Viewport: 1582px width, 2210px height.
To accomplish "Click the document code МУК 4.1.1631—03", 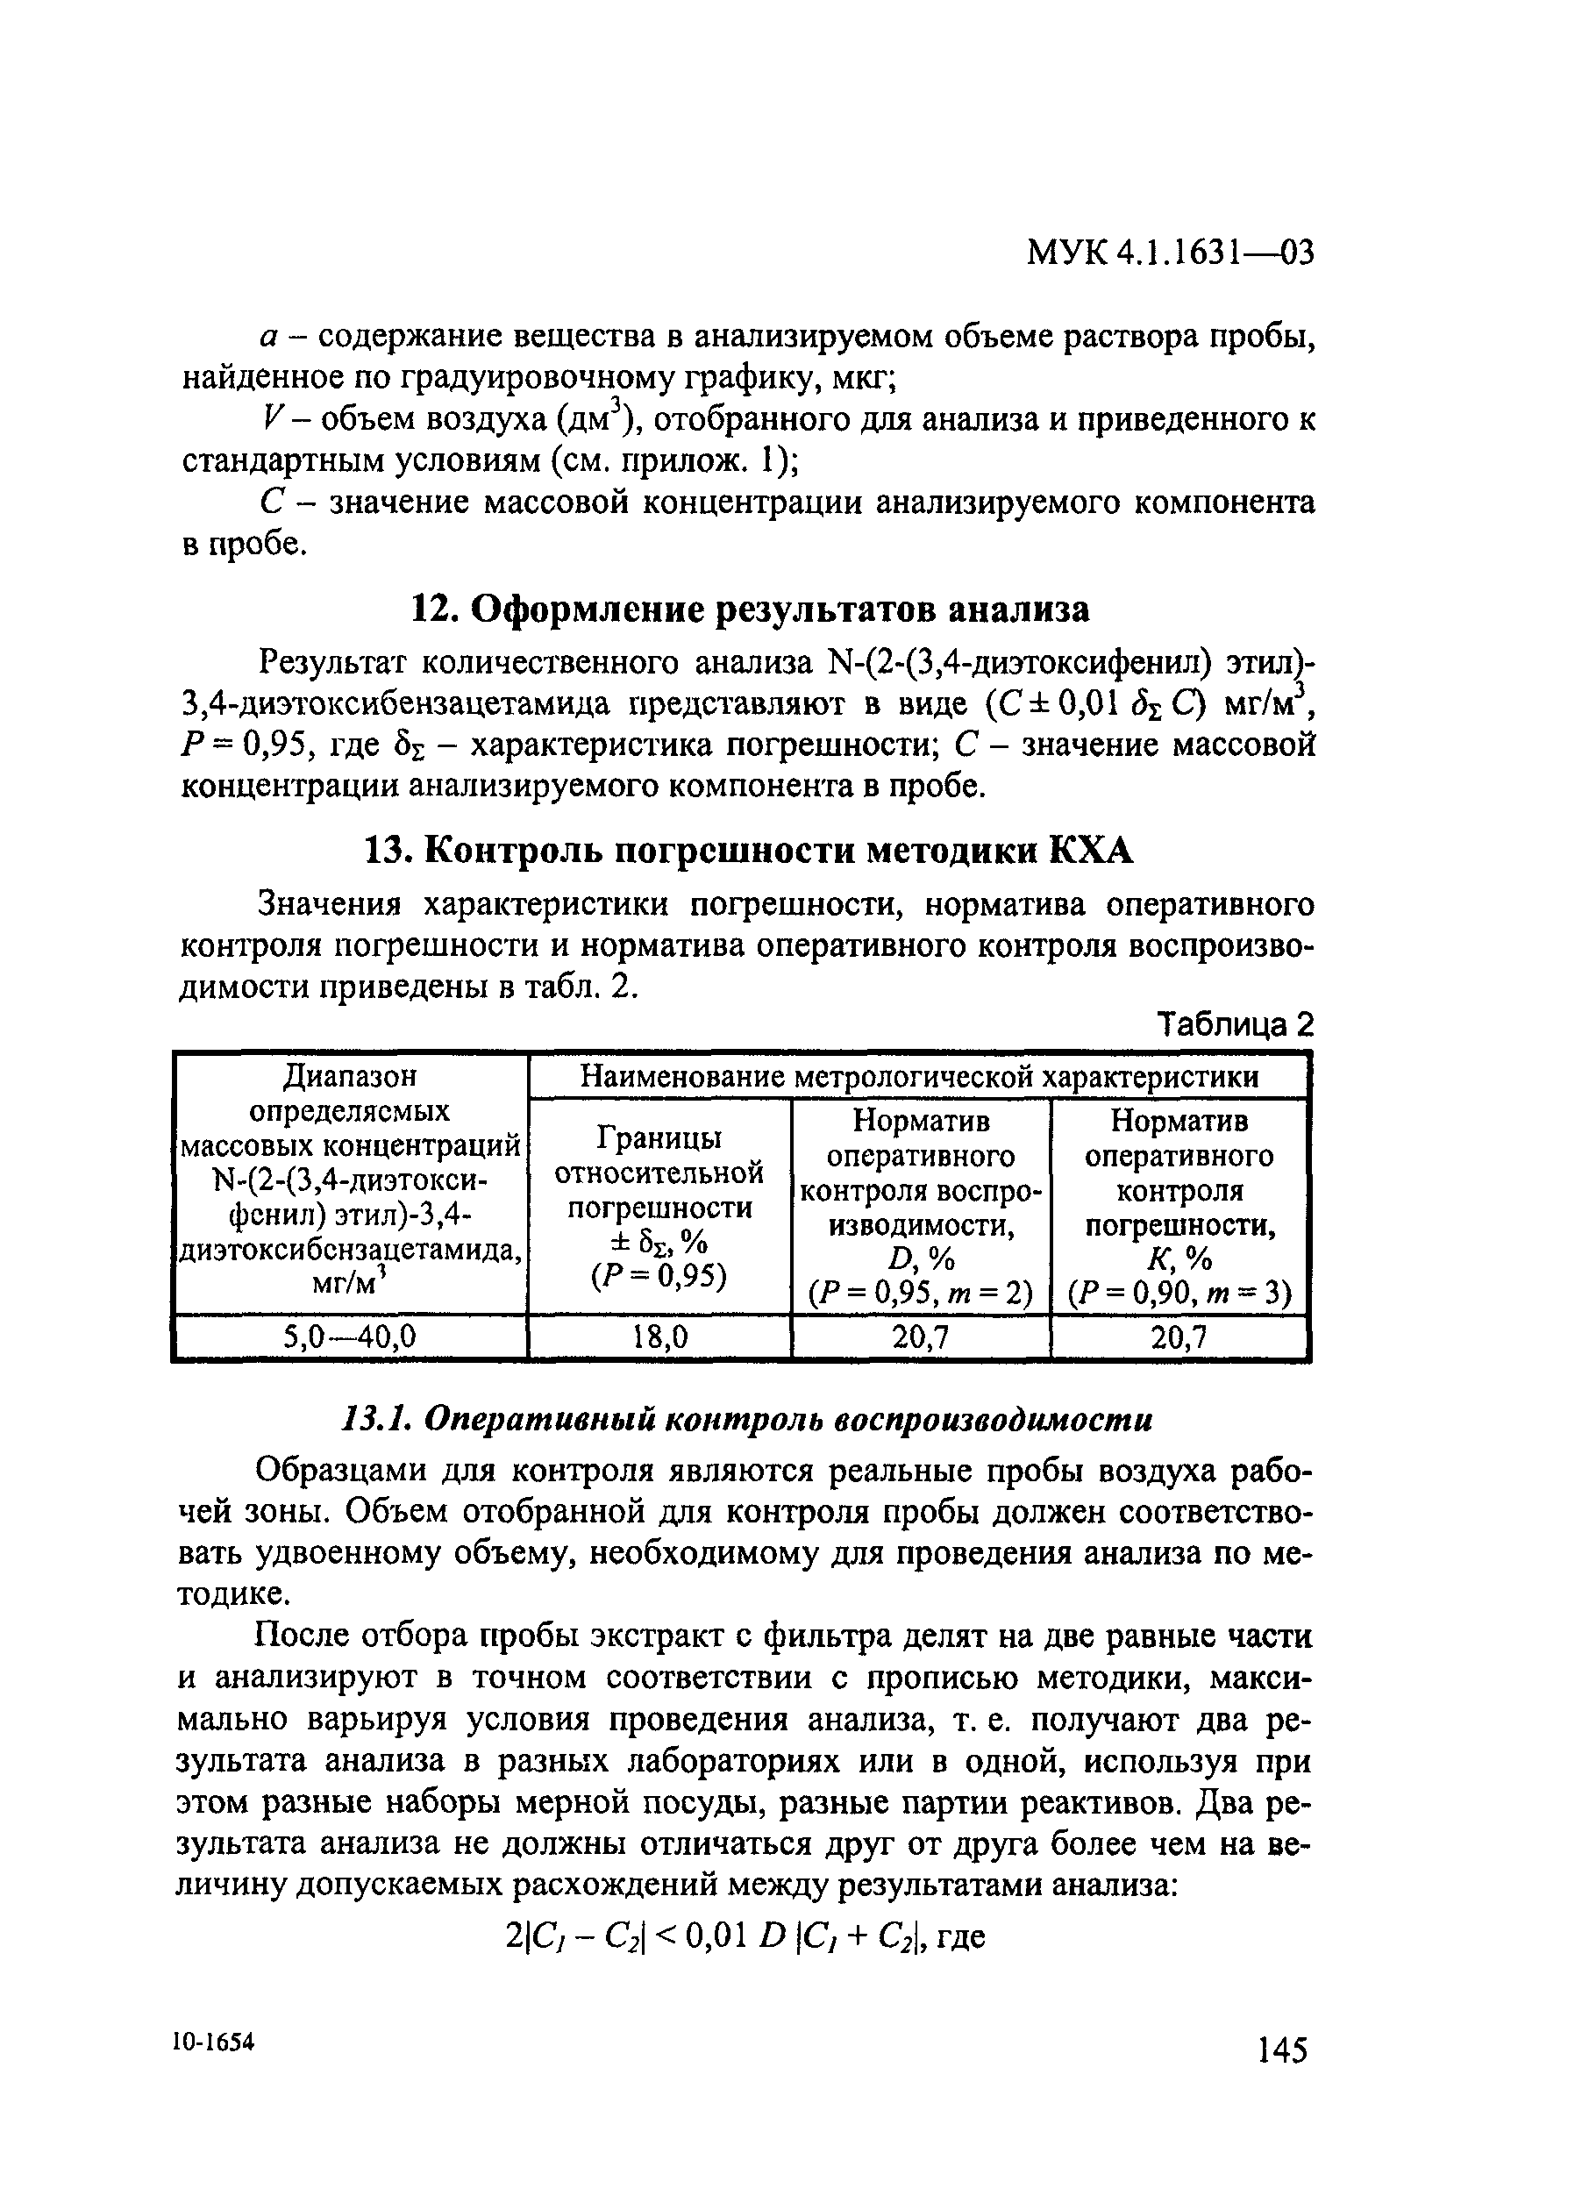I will point(1170,253).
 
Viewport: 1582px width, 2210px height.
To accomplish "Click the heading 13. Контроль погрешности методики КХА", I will point(747,852).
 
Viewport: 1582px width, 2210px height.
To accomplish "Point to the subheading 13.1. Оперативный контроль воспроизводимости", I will point(746,1421).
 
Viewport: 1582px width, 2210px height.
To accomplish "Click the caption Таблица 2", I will point(1234,1024).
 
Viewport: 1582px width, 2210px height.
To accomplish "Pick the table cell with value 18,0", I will point(659,1337).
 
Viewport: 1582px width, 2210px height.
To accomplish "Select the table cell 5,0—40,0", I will point(350,1337).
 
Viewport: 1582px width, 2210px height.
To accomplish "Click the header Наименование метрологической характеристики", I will point(919,1076).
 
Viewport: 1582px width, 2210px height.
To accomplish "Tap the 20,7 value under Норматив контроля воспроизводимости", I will point(922,1337).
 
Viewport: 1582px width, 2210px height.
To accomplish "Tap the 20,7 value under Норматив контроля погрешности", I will point(1179,1337).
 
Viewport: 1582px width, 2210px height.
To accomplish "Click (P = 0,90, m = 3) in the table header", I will point(1179,1294).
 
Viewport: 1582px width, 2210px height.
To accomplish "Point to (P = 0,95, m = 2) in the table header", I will point(921,1294).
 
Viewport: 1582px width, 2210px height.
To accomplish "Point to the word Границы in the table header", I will point(659,1137).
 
